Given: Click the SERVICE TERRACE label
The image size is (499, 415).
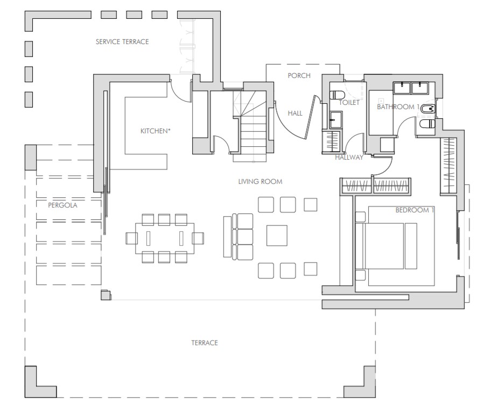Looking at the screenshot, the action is click(122, 41).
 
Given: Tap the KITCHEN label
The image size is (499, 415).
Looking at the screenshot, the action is click(156, 131).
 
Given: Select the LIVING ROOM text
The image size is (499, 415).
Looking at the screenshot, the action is click(260, 182).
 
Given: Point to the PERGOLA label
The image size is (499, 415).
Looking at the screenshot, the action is click(62, 205).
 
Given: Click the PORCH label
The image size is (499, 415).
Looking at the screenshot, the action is click(299, 76).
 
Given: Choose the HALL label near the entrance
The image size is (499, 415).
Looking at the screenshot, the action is click(295, 113).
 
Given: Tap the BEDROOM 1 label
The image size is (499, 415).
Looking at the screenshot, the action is click(414, 210).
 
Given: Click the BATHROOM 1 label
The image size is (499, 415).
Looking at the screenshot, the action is click(398, 107).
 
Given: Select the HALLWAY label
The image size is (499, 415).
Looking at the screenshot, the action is click(349, 157).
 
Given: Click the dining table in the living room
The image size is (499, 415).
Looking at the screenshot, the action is click(165, 238).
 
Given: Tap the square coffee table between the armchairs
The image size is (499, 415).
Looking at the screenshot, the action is click(277, 235).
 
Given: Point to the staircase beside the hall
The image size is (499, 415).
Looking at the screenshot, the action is click(254, 127).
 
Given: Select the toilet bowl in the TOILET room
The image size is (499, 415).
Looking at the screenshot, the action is click(337, 95).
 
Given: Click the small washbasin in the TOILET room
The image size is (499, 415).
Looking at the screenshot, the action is click(336, 119).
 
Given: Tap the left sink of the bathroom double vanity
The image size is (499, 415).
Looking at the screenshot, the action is click(402, 88).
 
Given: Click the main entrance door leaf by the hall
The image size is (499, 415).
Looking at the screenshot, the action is click(311, 118).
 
